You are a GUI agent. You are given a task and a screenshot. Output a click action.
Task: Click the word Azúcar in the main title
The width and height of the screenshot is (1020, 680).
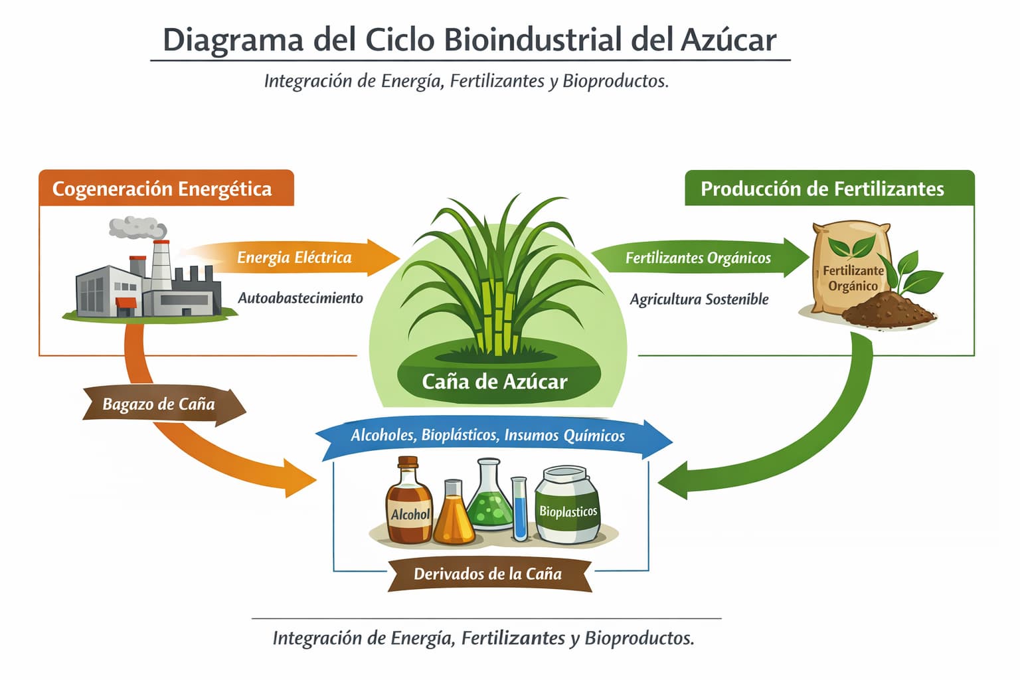click(x=728, y=40)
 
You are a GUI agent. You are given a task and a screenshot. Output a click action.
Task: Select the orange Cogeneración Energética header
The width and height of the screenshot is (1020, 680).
click(x=162, y=189)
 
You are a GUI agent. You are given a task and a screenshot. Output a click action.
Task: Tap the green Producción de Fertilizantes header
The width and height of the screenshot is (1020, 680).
click(x=822, y=189)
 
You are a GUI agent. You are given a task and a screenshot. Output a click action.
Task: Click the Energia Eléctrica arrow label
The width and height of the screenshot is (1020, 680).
click(x=294, y=258)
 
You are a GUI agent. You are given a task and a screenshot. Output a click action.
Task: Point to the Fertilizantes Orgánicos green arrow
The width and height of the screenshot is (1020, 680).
click(x=698, y=258)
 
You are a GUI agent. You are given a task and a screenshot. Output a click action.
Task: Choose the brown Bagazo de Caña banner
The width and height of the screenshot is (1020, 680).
click(x=159, y=404)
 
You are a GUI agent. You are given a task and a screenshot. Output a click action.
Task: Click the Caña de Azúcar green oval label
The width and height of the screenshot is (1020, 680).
click(x=495, y=382)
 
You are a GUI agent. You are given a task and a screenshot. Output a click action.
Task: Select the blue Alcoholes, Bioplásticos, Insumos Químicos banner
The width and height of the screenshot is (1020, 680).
click(x=488, y=436)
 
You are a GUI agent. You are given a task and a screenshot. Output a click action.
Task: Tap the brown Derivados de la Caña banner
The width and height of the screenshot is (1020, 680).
click(x=488, y=574)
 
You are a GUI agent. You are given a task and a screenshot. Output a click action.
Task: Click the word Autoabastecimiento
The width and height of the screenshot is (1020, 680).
click(x=300, y=298)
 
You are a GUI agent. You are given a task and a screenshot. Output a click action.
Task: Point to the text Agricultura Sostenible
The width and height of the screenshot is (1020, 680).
click(x=699, y=299)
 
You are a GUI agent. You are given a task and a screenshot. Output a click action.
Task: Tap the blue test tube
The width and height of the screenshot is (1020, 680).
click(x=519, y=508)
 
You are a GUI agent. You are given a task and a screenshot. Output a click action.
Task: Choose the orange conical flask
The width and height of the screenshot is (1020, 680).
click(x=454, y=515)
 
